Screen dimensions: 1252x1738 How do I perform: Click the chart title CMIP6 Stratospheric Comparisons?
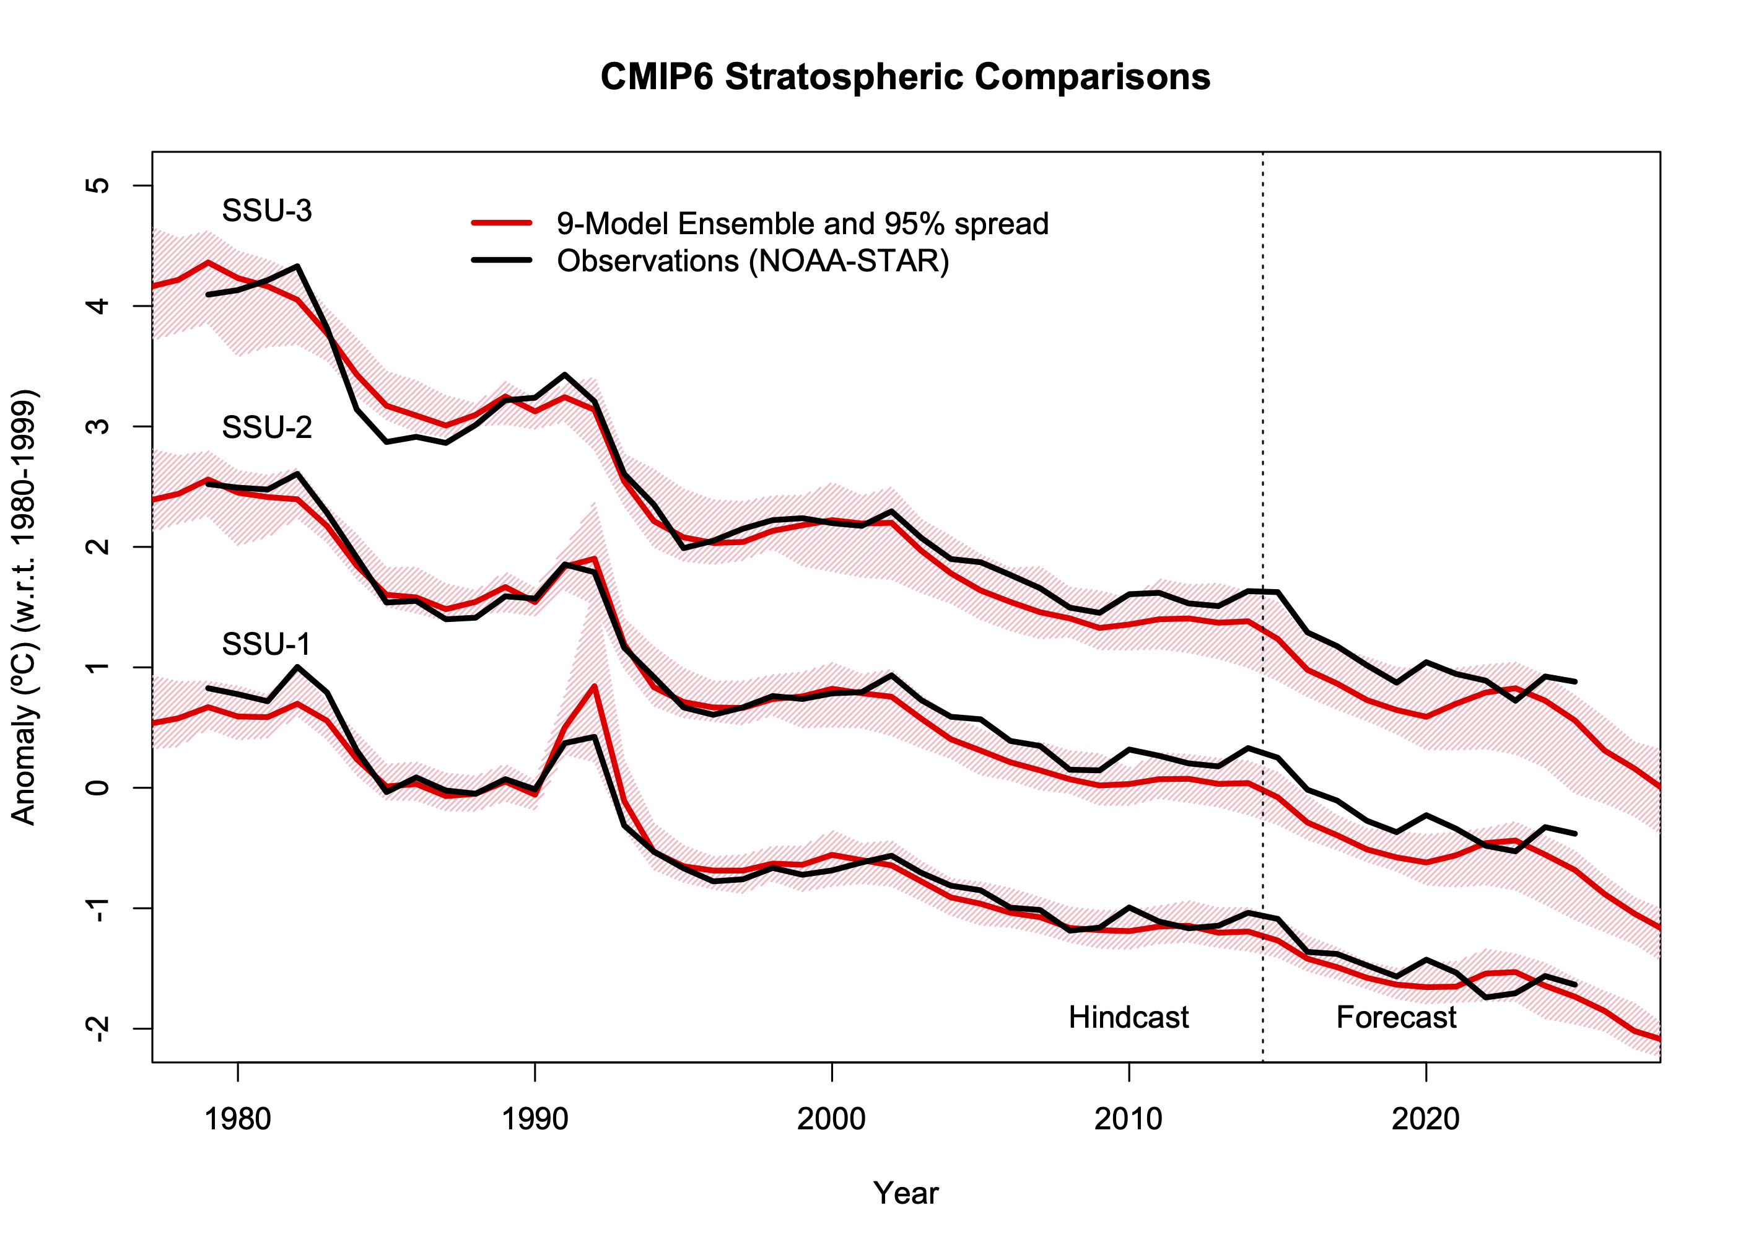tap(905, 77)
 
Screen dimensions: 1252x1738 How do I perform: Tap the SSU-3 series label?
tap(267, 211)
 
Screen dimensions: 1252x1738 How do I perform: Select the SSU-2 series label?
tap(267, 427)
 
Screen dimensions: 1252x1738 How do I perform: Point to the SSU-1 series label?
tap(266, 644)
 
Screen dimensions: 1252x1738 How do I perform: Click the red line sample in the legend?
tap(502, 223)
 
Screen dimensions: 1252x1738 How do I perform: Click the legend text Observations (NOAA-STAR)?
tap(753, 261)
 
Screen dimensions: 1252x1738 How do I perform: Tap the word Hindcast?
tap(1128, 1018)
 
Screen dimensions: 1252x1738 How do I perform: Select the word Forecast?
tap(1395, 1018)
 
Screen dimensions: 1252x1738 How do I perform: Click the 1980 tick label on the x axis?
tap(238, 1119)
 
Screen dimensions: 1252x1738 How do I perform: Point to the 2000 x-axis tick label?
tap(831, 1119)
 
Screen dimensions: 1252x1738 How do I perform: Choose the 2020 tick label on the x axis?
tap(1425, 1119)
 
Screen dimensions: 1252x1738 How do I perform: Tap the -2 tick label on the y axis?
tap(98, 1028)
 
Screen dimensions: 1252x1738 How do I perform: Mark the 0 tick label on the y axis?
tap(98, 787)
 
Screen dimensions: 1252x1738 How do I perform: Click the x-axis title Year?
tap(905, 1194)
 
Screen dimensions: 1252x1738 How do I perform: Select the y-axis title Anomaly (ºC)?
tap(25, 607)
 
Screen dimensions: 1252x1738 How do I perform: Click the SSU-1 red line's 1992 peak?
tap(595, 686)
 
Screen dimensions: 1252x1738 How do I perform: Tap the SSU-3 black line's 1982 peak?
tap(297, 266)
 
